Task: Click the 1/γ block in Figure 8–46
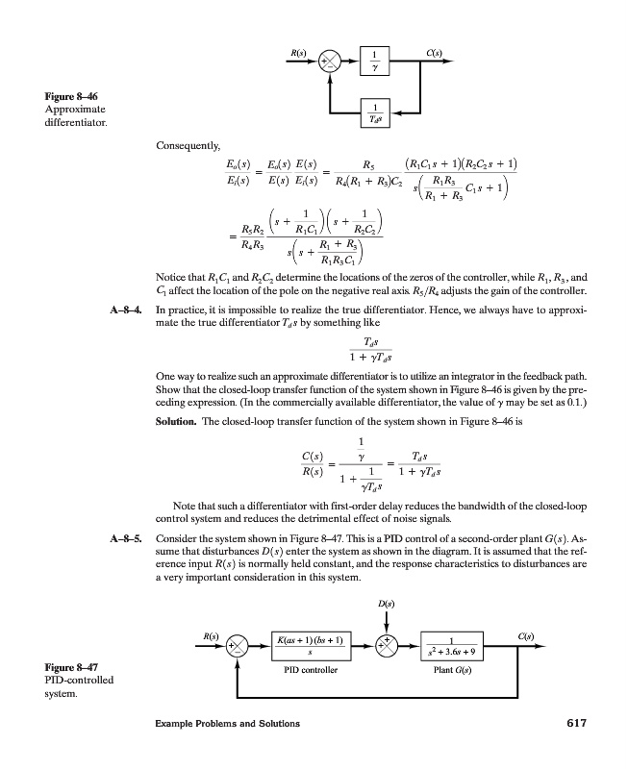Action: [373, 61]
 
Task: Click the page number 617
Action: [574, 724]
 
